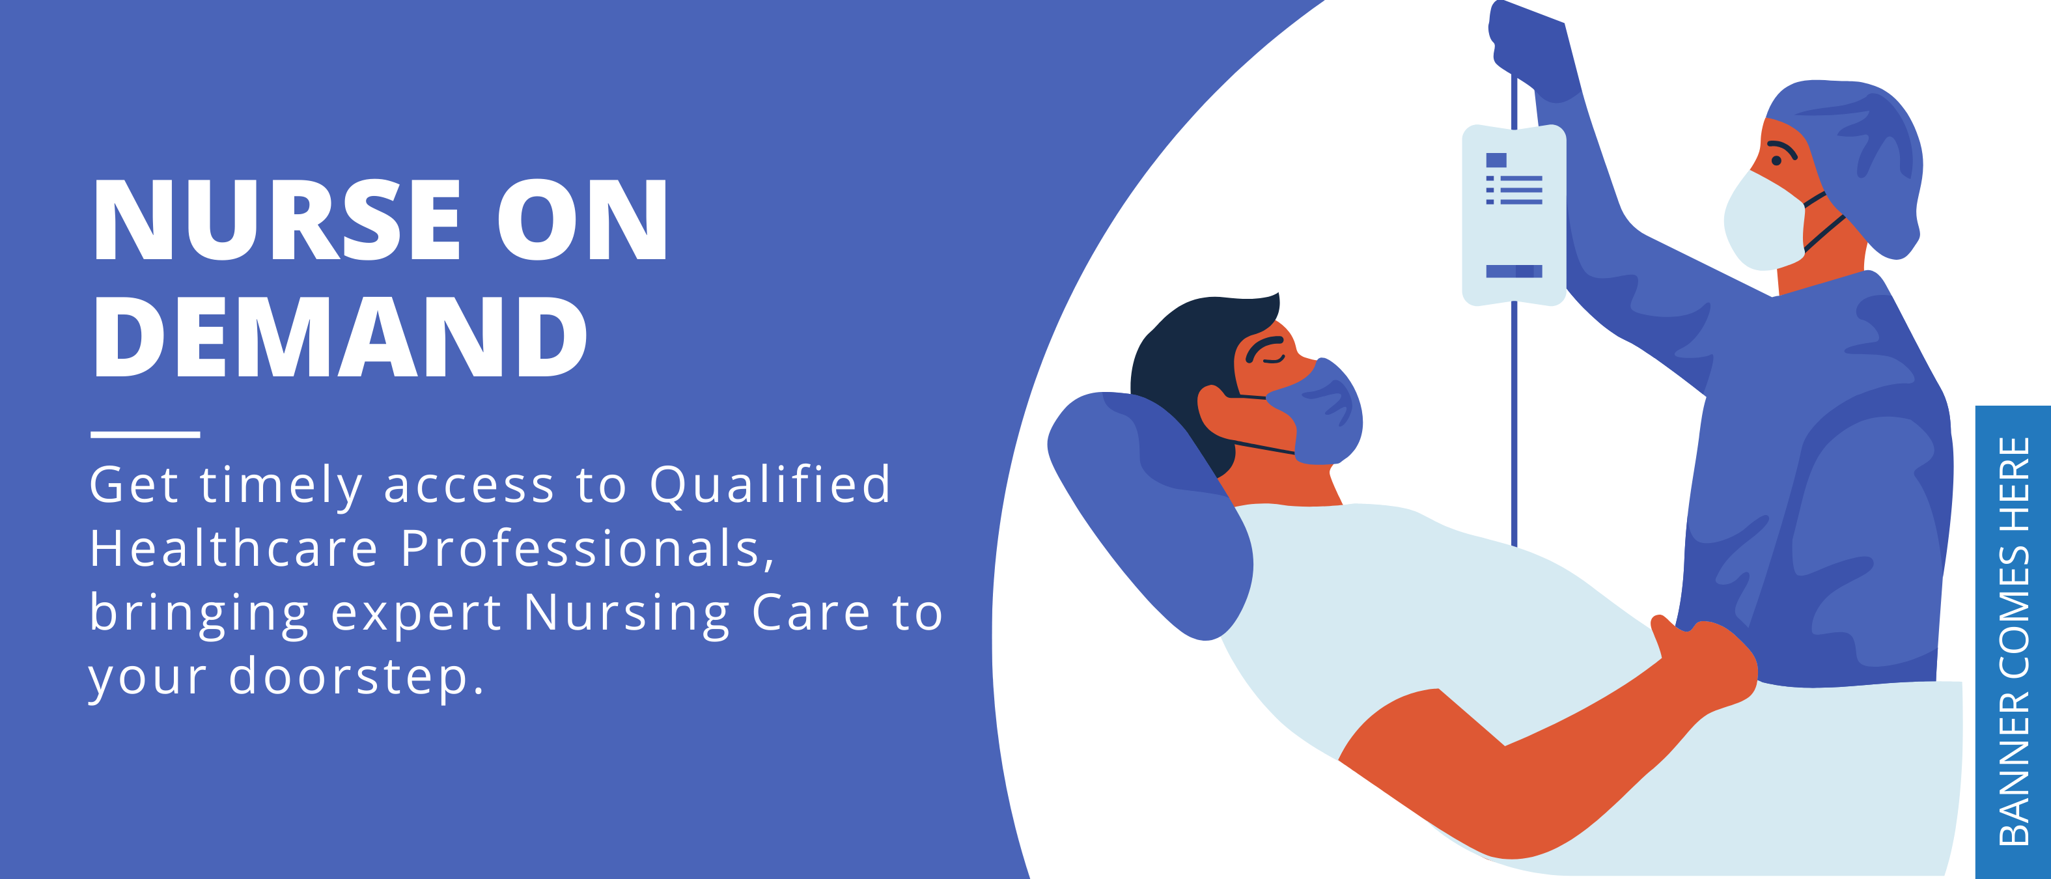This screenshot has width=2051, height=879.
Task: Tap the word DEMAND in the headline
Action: [x=341, y=336]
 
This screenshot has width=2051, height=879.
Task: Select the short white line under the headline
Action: [x=145, y=434]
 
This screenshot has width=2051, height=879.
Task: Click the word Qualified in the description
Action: [x=770, y=486]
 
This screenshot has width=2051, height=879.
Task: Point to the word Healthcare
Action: [x=233, y=549]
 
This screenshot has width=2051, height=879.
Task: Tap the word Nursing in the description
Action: [x=626, y=614]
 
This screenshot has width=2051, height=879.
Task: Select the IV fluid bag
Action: [x=1514, y=215]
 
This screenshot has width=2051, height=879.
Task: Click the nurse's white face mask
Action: [x=1765, y=221]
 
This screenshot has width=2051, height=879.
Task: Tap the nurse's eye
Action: [x=1776, y=160]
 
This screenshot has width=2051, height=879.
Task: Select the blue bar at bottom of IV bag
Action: [x=1514, y=272]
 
